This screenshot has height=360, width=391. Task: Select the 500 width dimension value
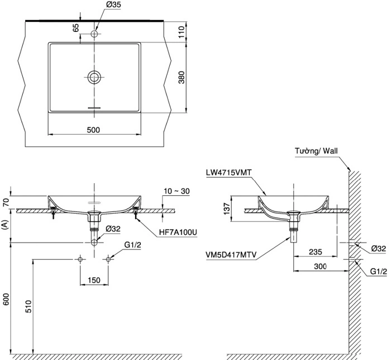(94, 129)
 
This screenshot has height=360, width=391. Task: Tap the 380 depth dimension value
(180, 78)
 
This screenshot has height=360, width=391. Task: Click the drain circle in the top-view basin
(94, 77)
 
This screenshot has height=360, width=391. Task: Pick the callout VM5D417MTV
(231, 255)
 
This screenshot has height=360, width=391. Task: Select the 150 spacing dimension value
(94, 280)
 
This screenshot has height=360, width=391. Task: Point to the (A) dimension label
(6, 226)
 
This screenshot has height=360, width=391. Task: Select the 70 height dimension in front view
(6, 202)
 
